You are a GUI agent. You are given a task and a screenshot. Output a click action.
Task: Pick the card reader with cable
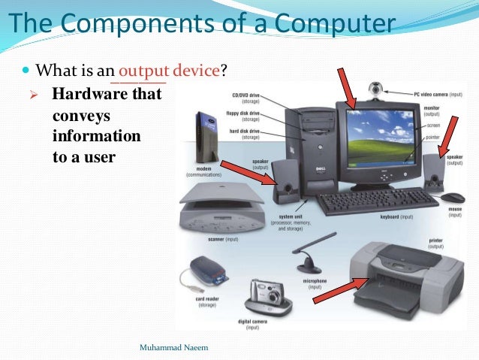point(206,271)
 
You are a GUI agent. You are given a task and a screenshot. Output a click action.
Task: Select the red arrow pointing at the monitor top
point(345,86)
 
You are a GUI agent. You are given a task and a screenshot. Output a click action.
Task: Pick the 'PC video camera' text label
point(438,95)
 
